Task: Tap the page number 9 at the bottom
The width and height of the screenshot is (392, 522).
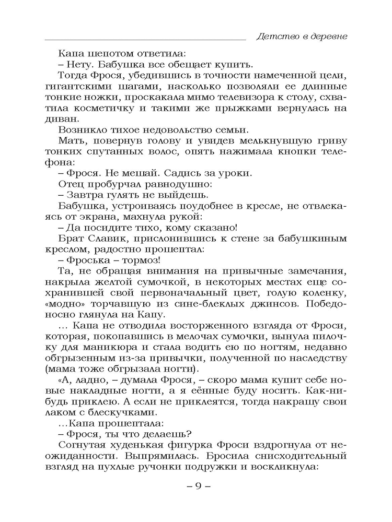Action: tap(198, 486)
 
